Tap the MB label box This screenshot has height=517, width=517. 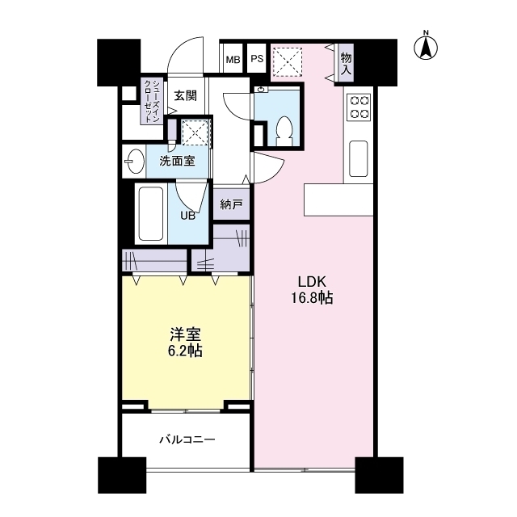click(x=233, y=59)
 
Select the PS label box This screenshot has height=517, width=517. click(x=257, y=59)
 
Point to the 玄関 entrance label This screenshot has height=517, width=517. click(x=185, y=95)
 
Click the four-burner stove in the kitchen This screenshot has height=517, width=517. click(x=359, y=107)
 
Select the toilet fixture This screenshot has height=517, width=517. click(x=284, y=130)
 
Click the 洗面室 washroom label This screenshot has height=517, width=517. click(x=177, y=160)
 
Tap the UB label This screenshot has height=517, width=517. click(x=187, y=216)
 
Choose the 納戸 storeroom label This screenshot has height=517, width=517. click(x=231, y=205)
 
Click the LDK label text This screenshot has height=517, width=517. click(x=312, y=282)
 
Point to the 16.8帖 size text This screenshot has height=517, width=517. click(x=312, y=298)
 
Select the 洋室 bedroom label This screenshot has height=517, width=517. click(x=186, y=334)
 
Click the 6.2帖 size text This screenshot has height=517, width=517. click(x=186, y=351)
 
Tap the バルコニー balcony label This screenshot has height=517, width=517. click(x=187, y=440)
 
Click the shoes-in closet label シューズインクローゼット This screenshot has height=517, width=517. click(x=151, y=101)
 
